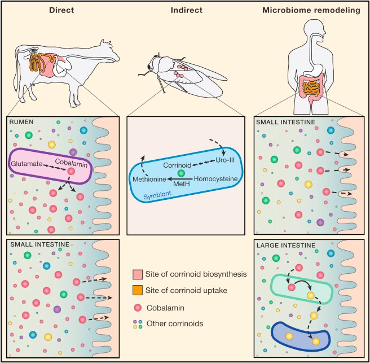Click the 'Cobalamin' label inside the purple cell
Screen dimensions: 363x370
[x=69, y=163]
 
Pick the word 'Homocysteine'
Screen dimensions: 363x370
[x=215, y=179]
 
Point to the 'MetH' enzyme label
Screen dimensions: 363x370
[x=181, y=184]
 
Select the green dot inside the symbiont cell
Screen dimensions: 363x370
[x=180, y=173]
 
